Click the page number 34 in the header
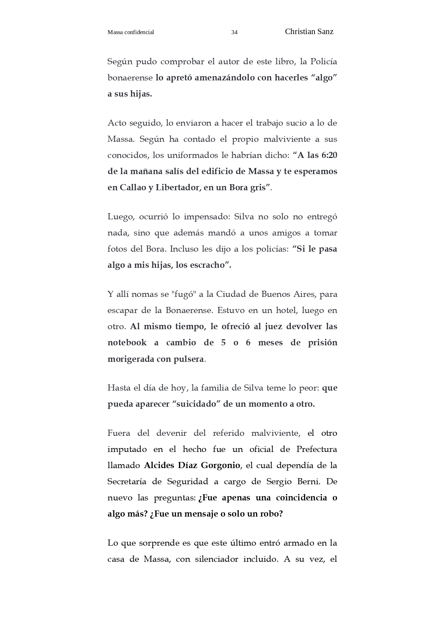234,32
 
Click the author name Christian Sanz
309,32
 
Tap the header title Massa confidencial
131,32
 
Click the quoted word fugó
183,294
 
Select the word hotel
286,310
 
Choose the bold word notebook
127,342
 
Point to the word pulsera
189,359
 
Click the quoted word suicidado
196,404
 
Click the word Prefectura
317,449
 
